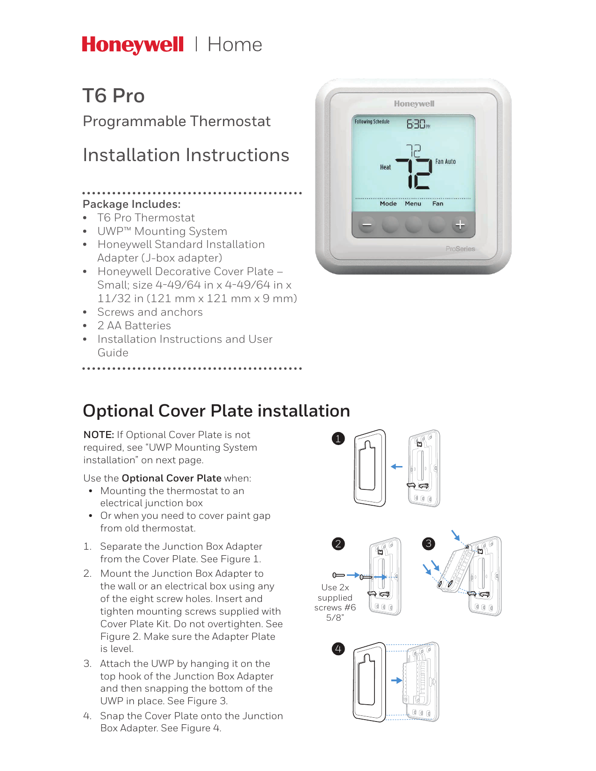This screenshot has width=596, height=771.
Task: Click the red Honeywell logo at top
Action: tap(133, 45)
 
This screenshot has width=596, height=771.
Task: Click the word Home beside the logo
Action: tap(235, 45)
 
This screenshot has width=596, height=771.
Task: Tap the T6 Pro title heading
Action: tap(114, 96)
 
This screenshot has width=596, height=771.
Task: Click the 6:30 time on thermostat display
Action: tap(416, 124)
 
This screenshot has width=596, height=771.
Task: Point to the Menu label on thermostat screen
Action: tap(413, 204)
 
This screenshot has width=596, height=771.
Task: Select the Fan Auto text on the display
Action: tap(445, 162)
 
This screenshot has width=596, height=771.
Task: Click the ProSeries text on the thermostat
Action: tap(460, 249)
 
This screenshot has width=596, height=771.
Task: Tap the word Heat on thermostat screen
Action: tap(385, 167)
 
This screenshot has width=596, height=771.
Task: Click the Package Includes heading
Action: tap(131, 204)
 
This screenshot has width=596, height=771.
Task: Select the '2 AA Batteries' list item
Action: tap(134, 325)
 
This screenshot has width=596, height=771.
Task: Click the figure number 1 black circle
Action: tap(338, 439)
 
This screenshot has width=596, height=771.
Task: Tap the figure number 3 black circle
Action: tap(428, 544)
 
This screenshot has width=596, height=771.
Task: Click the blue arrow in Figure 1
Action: tap(396, 467)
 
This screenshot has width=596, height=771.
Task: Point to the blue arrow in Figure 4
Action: tap(396, 680)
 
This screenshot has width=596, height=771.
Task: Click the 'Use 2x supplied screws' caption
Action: tap(335, 602)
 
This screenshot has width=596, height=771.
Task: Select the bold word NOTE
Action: tap(98, 435)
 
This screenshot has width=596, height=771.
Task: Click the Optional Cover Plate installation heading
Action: tap(216, 411)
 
